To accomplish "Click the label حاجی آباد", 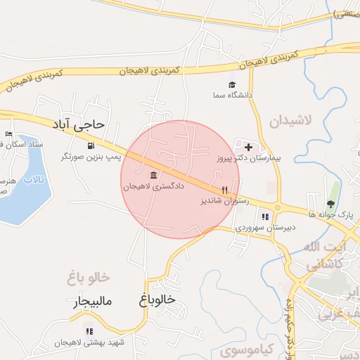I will [x=78, y=124].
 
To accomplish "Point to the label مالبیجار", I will [x=93, y=303].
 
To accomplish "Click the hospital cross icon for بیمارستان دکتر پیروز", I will [x=247, y=146].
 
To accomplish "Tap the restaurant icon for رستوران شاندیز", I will [x=225, y=190].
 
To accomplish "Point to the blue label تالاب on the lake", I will [x=33, y=180].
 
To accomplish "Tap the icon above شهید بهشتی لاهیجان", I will [x=89, y=331].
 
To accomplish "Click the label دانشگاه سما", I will [x=234, y=94].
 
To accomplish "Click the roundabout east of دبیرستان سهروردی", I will [x=277, y=207].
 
